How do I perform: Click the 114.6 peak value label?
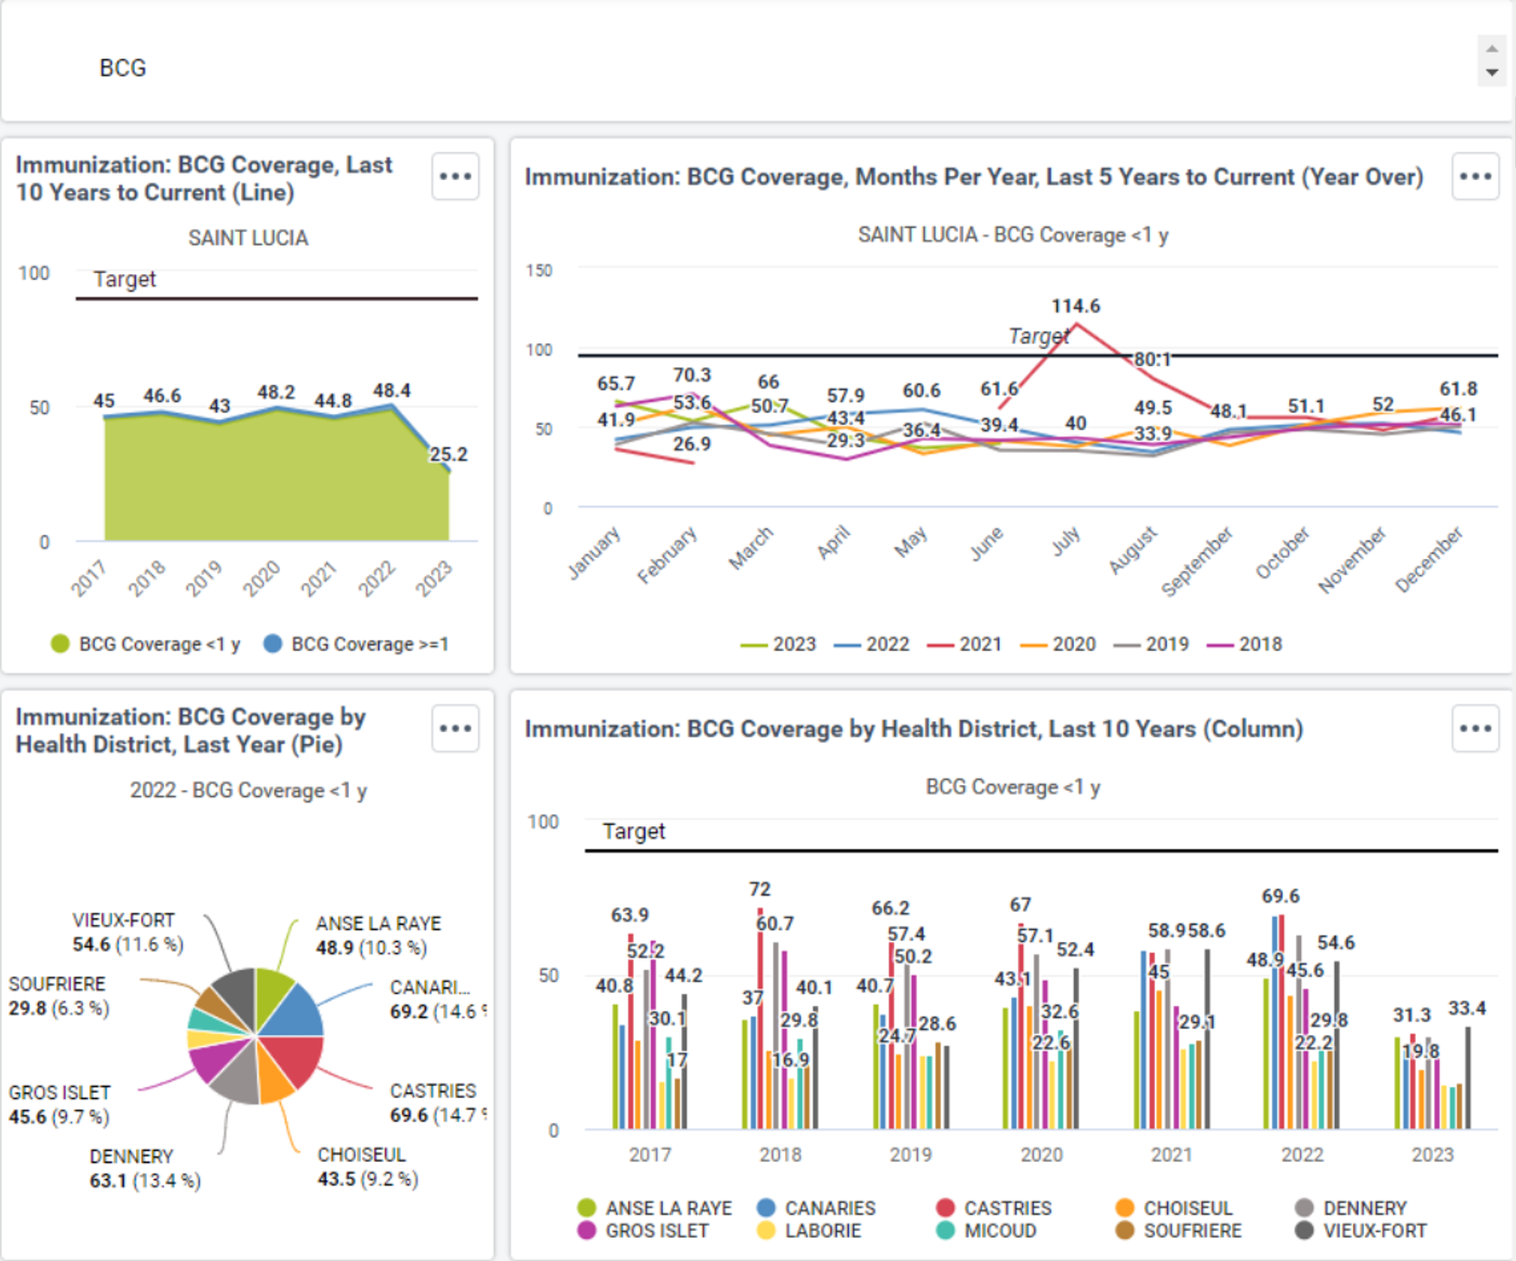[x=1075, y=306]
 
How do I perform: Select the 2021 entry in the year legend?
[x=964, y=644]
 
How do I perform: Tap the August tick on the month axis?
[x=1133, y=550]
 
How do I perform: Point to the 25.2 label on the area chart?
[x=448, y=454]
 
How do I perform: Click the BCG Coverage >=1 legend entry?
[x=356, y=644]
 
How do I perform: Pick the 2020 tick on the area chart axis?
[x=261, y=578]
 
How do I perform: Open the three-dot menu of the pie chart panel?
[x=456, y=728]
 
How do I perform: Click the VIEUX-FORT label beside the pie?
[x=123, y=921]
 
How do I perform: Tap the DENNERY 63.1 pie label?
[x=131, y=1168]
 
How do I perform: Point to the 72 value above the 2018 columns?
[x=760, y=889]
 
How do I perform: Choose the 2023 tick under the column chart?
[x=1432, y=1154]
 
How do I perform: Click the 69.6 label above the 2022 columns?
[x=1280, y=896]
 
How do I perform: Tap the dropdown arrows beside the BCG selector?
[x=1492, y=61]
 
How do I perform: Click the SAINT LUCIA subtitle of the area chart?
[x=248, y=238]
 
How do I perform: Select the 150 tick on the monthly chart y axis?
[x=539, y=270]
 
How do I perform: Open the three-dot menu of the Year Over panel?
[x=1475, y=176]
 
